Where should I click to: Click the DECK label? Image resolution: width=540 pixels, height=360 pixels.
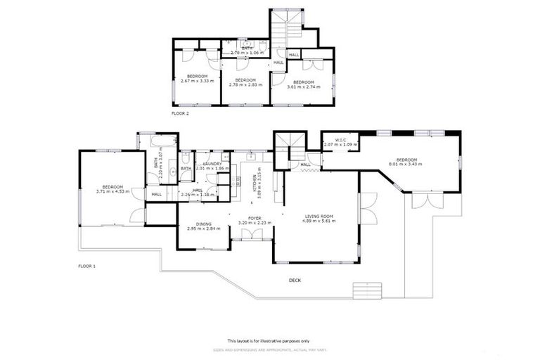coord(295,281)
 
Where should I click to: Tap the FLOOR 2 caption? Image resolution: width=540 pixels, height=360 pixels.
coord(180,112)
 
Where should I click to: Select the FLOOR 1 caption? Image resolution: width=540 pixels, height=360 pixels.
coord(86,266)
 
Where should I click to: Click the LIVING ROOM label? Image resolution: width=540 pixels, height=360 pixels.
coord(319,216)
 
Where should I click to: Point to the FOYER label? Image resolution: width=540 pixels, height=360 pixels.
coord(255,218)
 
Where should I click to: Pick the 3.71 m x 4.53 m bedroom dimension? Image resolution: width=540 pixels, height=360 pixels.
coord(112,191)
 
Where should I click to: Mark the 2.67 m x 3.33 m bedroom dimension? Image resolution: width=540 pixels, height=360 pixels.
coord(197,82)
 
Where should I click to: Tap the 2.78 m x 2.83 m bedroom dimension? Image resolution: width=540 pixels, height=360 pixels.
coord(244,85)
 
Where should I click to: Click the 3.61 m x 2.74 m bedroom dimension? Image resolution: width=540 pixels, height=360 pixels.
coord(302,87)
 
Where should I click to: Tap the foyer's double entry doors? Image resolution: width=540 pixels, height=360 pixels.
coord(251,240)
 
